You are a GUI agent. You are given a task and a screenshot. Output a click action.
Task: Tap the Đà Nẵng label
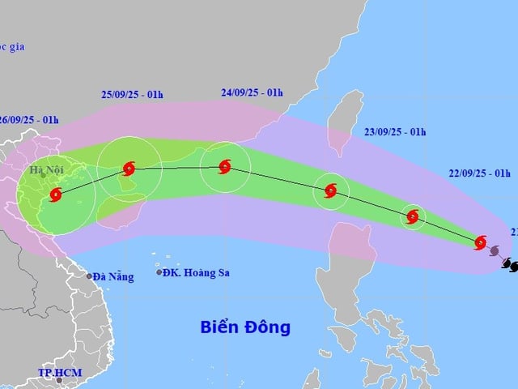pos(113,276)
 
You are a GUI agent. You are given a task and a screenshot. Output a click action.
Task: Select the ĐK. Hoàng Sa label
pos(196,272)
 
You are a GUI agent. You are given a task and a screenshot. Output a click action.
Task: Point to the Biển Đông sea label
pos(245,327)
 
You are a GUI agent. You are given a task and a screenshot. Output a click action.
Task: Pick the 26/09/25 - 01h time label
pos(29,120)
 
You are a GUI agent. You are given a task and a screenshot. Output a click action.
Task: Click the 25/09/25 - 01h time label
pos(132,94)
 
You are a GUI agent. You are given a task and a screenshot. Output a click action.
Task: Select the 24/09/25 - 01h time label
pos(252,92)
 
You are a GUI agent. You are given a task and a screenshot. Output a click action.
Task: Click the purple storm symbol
pos(495,251)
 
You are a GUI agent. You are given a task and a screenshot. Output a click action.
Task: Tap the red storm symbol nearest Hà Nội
pos(55,194)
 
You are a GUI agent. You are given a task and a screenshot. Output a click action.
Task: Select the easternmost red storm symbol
pos(480,242)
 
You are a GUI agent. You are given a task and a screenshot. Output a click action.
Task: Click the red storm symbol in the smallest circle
pos(413,216)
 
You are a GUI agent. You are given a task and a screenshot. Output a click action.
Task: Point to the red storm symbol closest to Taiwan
pos(330,191)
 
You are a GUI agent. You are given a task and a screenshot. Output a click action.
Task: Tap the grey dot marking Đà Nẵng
pos(90,276)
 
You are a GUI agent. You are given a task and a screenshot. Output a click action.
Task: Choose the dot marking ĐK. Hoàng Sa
pos(159,272)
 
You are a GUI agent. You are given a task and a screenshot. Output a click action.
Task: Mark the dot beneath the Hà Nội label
pos(44,175)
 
